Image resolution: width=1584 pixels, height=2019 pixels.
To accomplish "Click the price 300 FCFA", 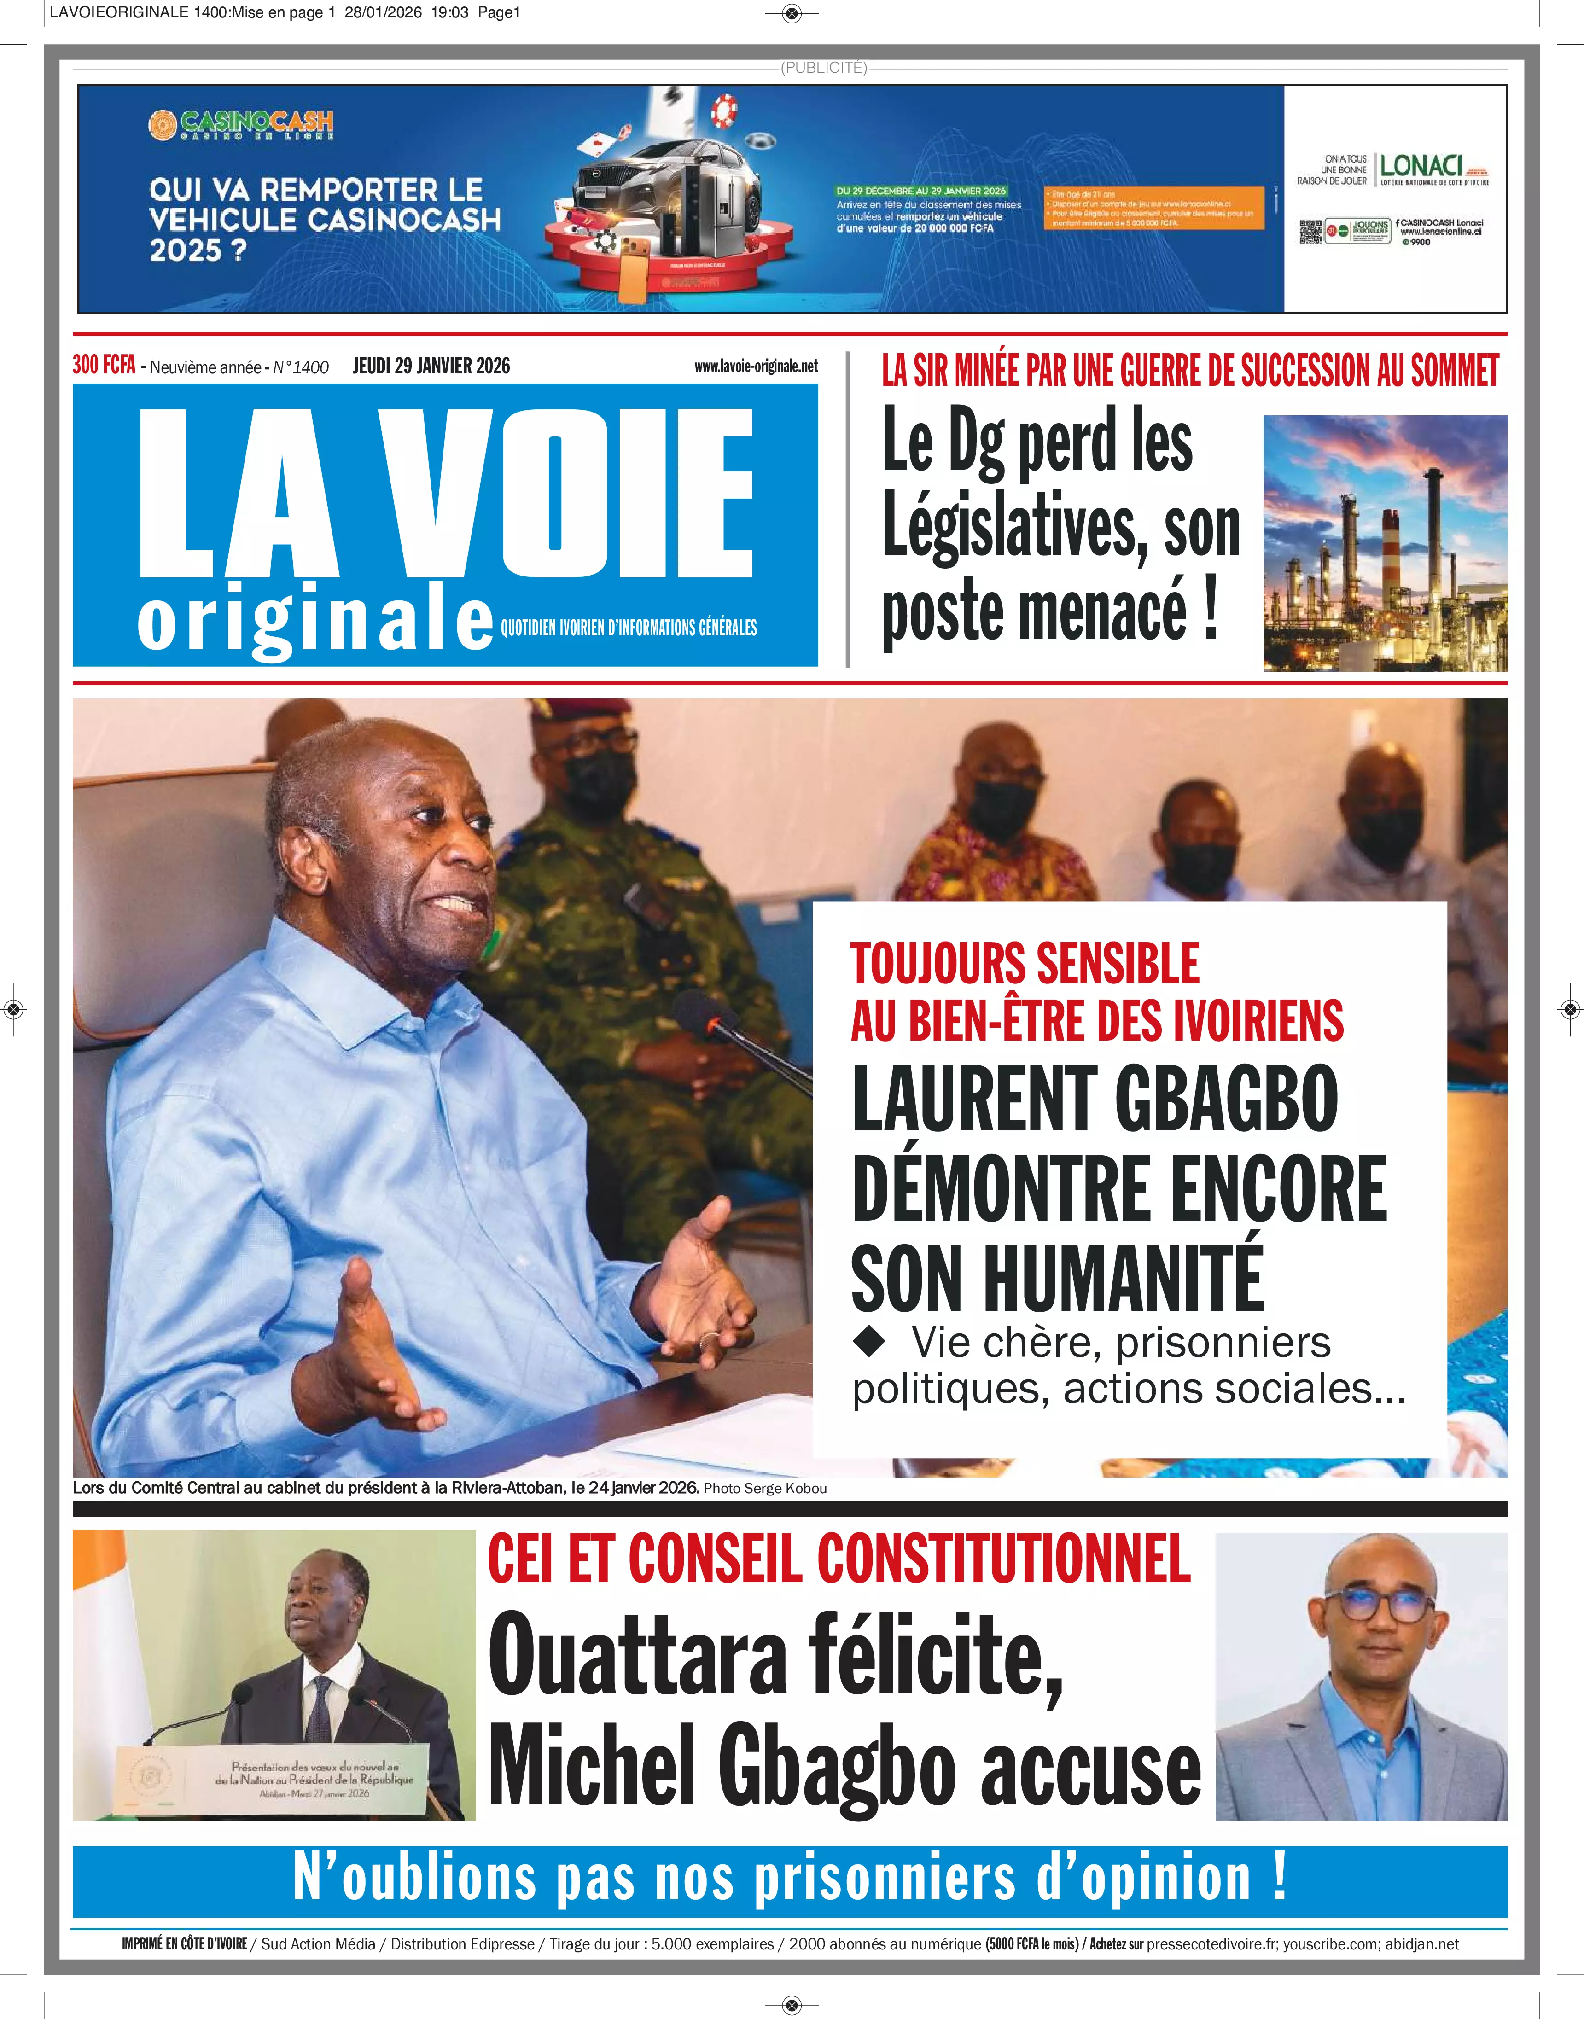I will pyautogui.click(x=104, y=366).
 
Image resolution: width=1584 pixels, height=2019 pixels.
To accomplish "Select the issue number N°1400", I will pyautogui.click(x=301, y=367).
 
